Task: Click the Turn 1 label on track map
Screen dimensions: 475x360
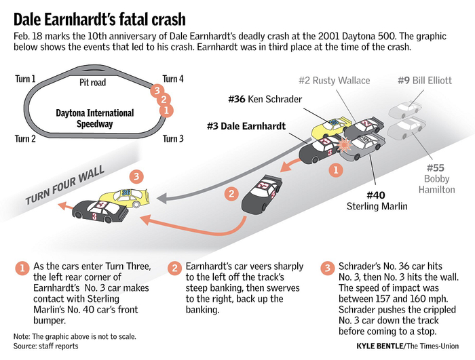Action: point(26,79)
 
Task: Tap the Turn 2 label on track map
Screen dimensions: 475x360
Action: point(26,139)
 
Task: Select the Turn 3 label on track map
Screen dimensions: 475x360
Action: point(173,139)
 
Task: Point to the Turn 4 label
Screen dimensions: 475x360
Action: point(173,79)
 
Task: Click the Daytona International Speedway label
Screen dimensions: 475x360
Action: point(94,119)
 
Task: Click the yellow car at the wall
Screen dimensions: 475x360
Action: point(128,197)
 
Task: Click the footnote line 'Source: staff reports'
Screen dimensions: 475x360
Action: point(45,346)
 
